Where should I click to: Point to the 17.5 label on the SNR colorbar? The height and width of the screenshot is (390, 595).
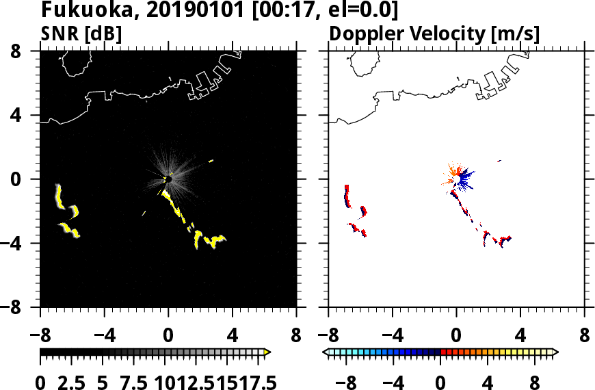[x=254, y=382]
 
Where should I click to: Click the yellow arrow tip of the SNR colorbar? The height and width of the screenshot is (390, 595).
[x=267, y=352]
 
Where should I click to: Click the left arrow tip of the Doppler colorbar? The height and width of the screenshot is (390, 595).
[x=326, y=352]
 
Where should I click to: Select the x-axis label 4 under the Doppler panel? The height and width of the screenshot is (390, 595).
[x=520, y=337]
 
